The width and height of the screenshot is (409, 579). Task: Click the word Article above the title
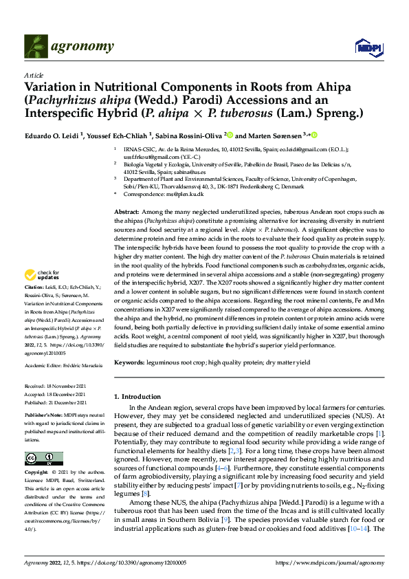point(34,74)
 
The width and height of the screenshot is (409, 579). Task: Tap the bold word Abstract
point(126,213)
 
